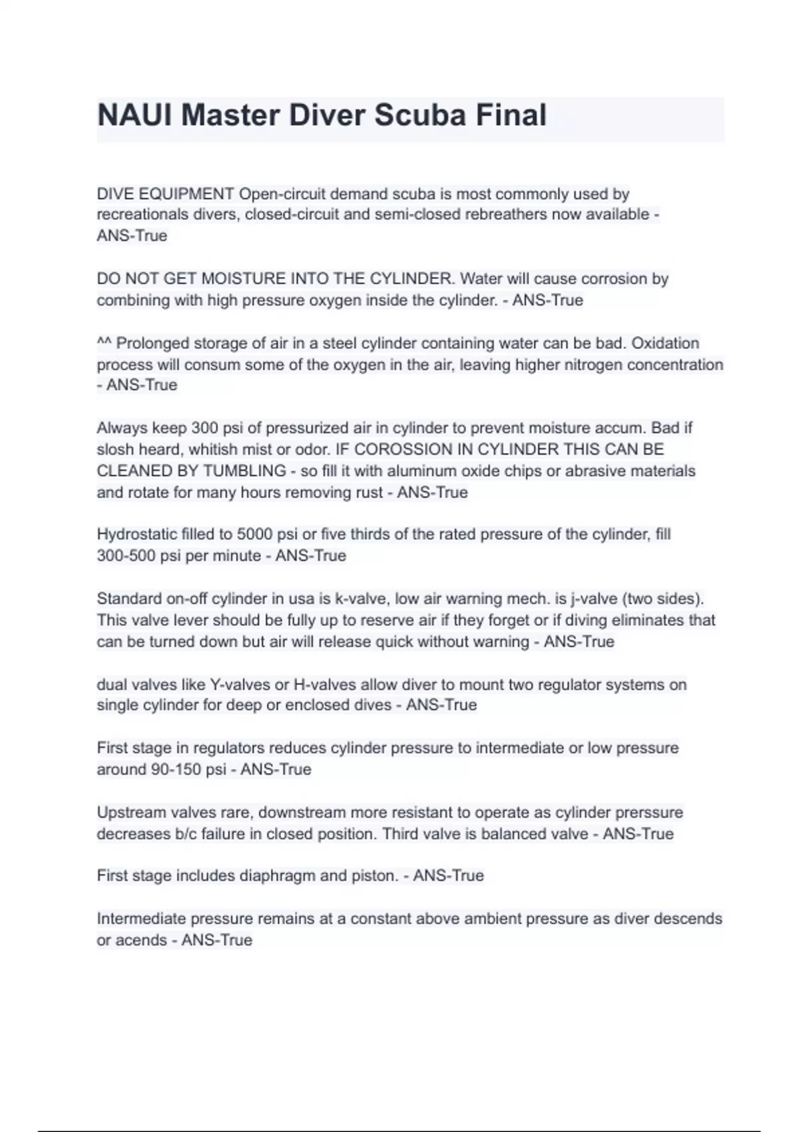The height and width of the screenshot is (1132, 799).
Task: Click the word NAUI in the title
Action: click(134, 115)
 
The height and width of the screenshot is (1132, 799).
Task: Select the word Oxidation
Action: click(665, 343)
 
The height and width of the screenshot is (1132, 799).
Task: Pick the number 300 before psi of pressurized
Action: click(205, 427)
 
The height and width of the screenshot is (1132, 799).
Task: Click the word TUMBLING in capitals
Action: click(244, 471)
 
